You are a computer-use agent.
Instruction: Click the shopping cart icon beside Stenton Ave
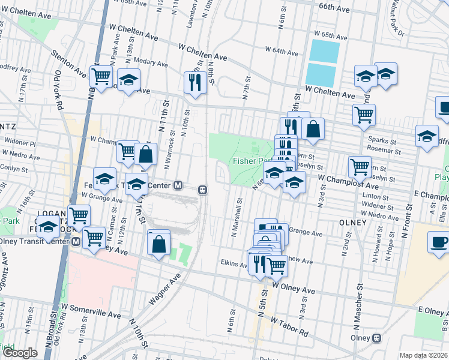[101, 76]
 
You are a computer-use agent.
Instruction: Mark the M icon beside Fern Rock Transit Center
[178, 185]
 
